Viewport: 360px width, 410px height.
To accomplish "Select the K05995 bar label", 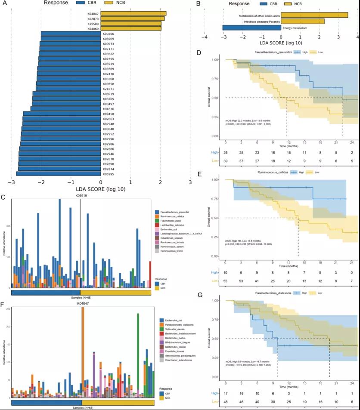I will pyautogui.click(x=109, y=174).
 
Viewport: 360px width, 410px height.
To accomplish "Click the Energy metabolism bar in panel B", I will pyautogui.click(x=251, y=28).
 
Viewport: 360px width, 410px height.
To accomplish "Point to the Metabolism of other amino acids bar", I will pyautogui.click(x=314, y=15).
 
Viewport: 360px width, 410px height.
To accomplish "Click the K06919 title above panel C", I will pyautogui.click(x=81, y=196).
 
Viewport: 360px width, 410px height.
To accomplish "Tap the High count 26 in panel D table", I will pyautogui.click(x=226, y=152).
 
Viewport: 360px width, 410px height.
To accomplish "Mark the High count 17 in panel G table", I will pyautogui.click(x=226, y=394).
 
